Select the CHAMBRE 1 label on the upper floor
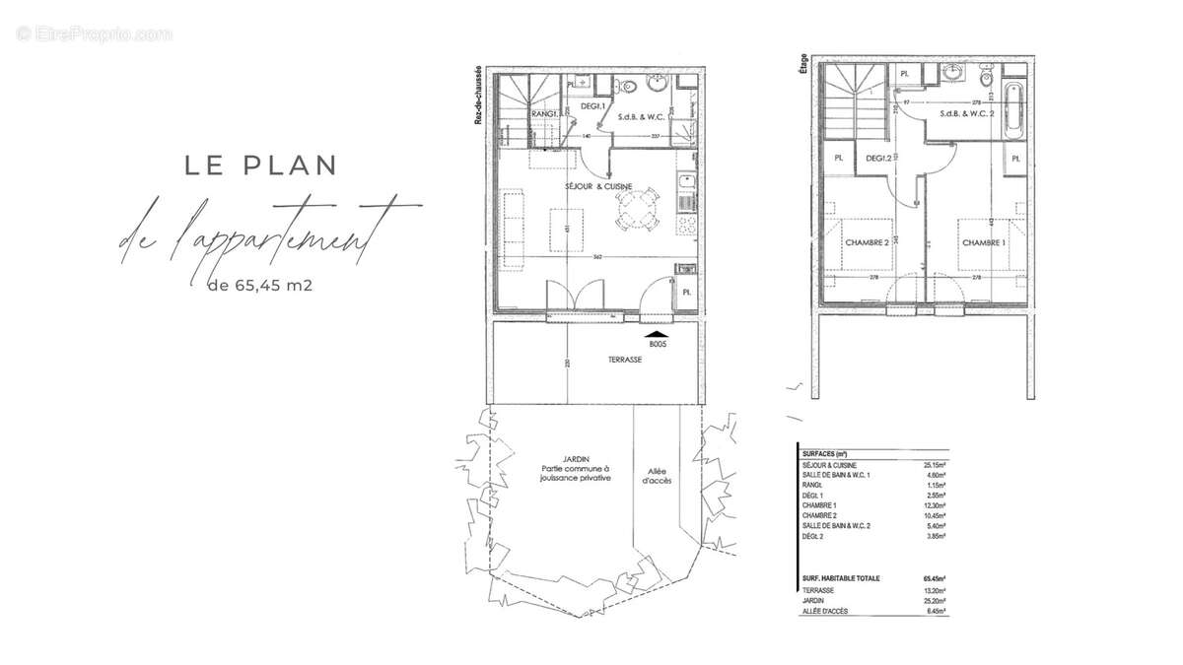(x=984, y=243)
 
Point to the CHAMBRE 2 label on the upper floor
(x=864, y=243)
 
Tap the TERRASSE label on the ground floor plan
(x=625, y=360)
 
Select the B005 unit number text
(x=658, y=345)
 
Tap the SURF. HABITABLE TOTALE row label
(x=841, y=578)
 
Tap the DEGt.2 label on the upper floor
(x=879, y=159)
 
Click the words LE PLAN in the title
(x=260, y=165)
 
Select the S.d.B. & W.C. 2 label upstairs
(x=966, y=114)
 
